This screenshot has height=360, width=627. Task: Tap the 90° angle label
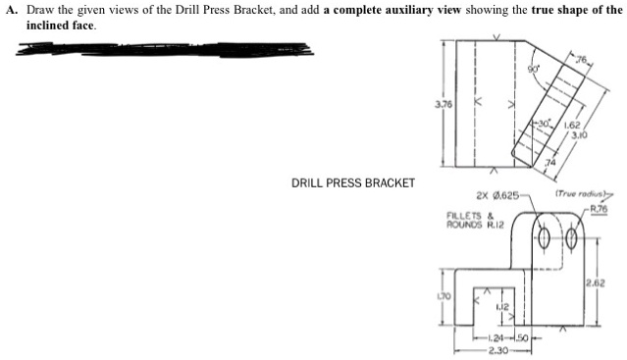point(534,69)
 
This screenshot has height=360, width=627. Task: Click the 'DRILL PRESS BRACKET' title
point(353,182)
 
